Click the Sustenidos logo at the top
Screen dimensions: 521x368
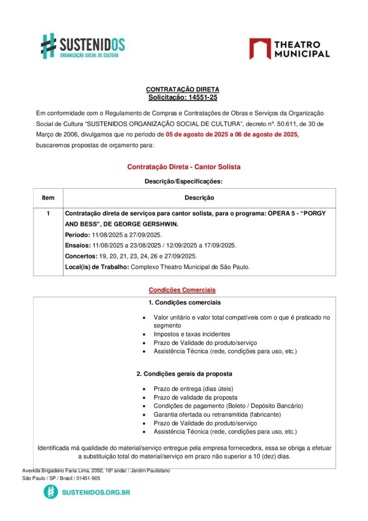83,46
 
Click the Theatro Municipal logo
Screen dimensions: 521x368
289,49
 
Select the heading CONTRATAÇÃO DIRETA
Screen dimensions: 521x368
182,90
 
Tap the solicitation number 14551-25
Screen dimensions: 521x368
199,97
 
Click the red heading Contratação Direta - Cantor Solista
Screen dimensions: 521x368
183,167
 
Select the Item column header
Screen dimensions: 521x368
48,197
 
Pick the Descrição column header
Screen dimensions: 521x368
199,197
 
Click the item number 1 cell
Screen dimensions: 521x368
48,214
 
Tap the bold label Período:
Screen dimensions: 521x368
77,235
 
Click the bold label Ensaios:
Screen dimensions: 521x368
77,245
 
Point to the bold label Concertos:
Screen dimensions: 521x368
81,256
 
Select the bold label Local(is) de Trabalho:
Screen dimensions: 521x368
97,267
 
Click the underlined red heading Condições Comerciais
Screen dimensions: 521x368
182,290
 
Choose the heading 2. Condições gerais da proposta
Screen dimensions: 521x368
184,374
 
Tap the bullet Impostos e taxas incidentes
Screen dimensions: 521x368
192,334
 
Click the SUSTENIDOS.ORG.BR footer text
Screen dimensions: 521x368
96,492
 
